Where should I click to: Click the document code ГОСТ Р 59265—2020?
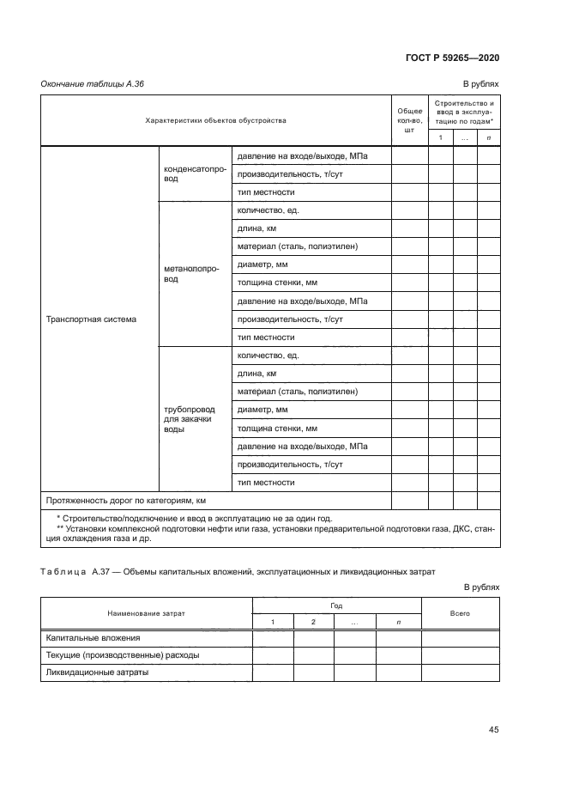click(x=453, y=58)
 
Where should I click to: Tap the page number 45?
click(x=493, y=730)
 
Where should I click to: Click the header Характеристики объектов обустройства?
click(x=216, y=120)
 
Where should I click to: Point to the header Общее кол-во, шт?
click(x=408, y=120)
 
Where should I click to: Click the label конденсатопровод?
click(x=195, y=174)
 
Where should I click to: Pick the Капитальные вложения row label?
click(x=91, y=638)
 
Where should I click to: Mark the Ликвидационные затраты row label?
click(x=95, y=672)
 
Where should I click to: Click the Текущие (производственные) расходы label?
click(x=120, y=655)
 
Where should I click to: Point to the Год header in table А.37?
click(x=336, y=605)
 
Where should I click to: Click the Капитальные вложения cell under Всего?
click(x=460, y=638)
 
